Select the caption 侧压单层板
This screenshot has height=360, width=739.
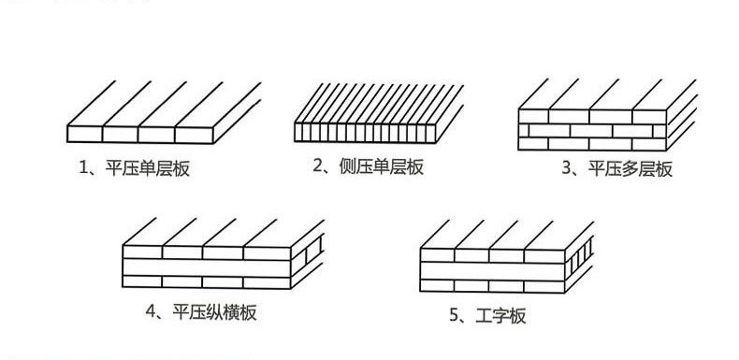pyautogui.click(x=381, y=167)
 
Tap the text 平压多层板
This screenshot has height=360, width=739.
pyautogui.click(x=630, y=169)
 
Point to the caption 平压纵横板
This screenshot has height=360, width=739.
pyautogui.click(x=216, y=312)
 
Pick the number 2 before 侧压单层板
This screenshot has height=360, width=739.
pyautogui.click(x=318, y=167)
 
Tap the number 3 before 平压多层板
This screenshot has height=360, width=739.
pyautogui.click(x=565, y=169)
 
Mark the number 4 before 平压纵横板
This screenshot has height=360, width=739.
pyautogui.click(x=151, y=312)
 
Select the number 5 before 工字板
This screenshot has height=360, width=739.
pyautogui.click(x=454, y=316)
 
